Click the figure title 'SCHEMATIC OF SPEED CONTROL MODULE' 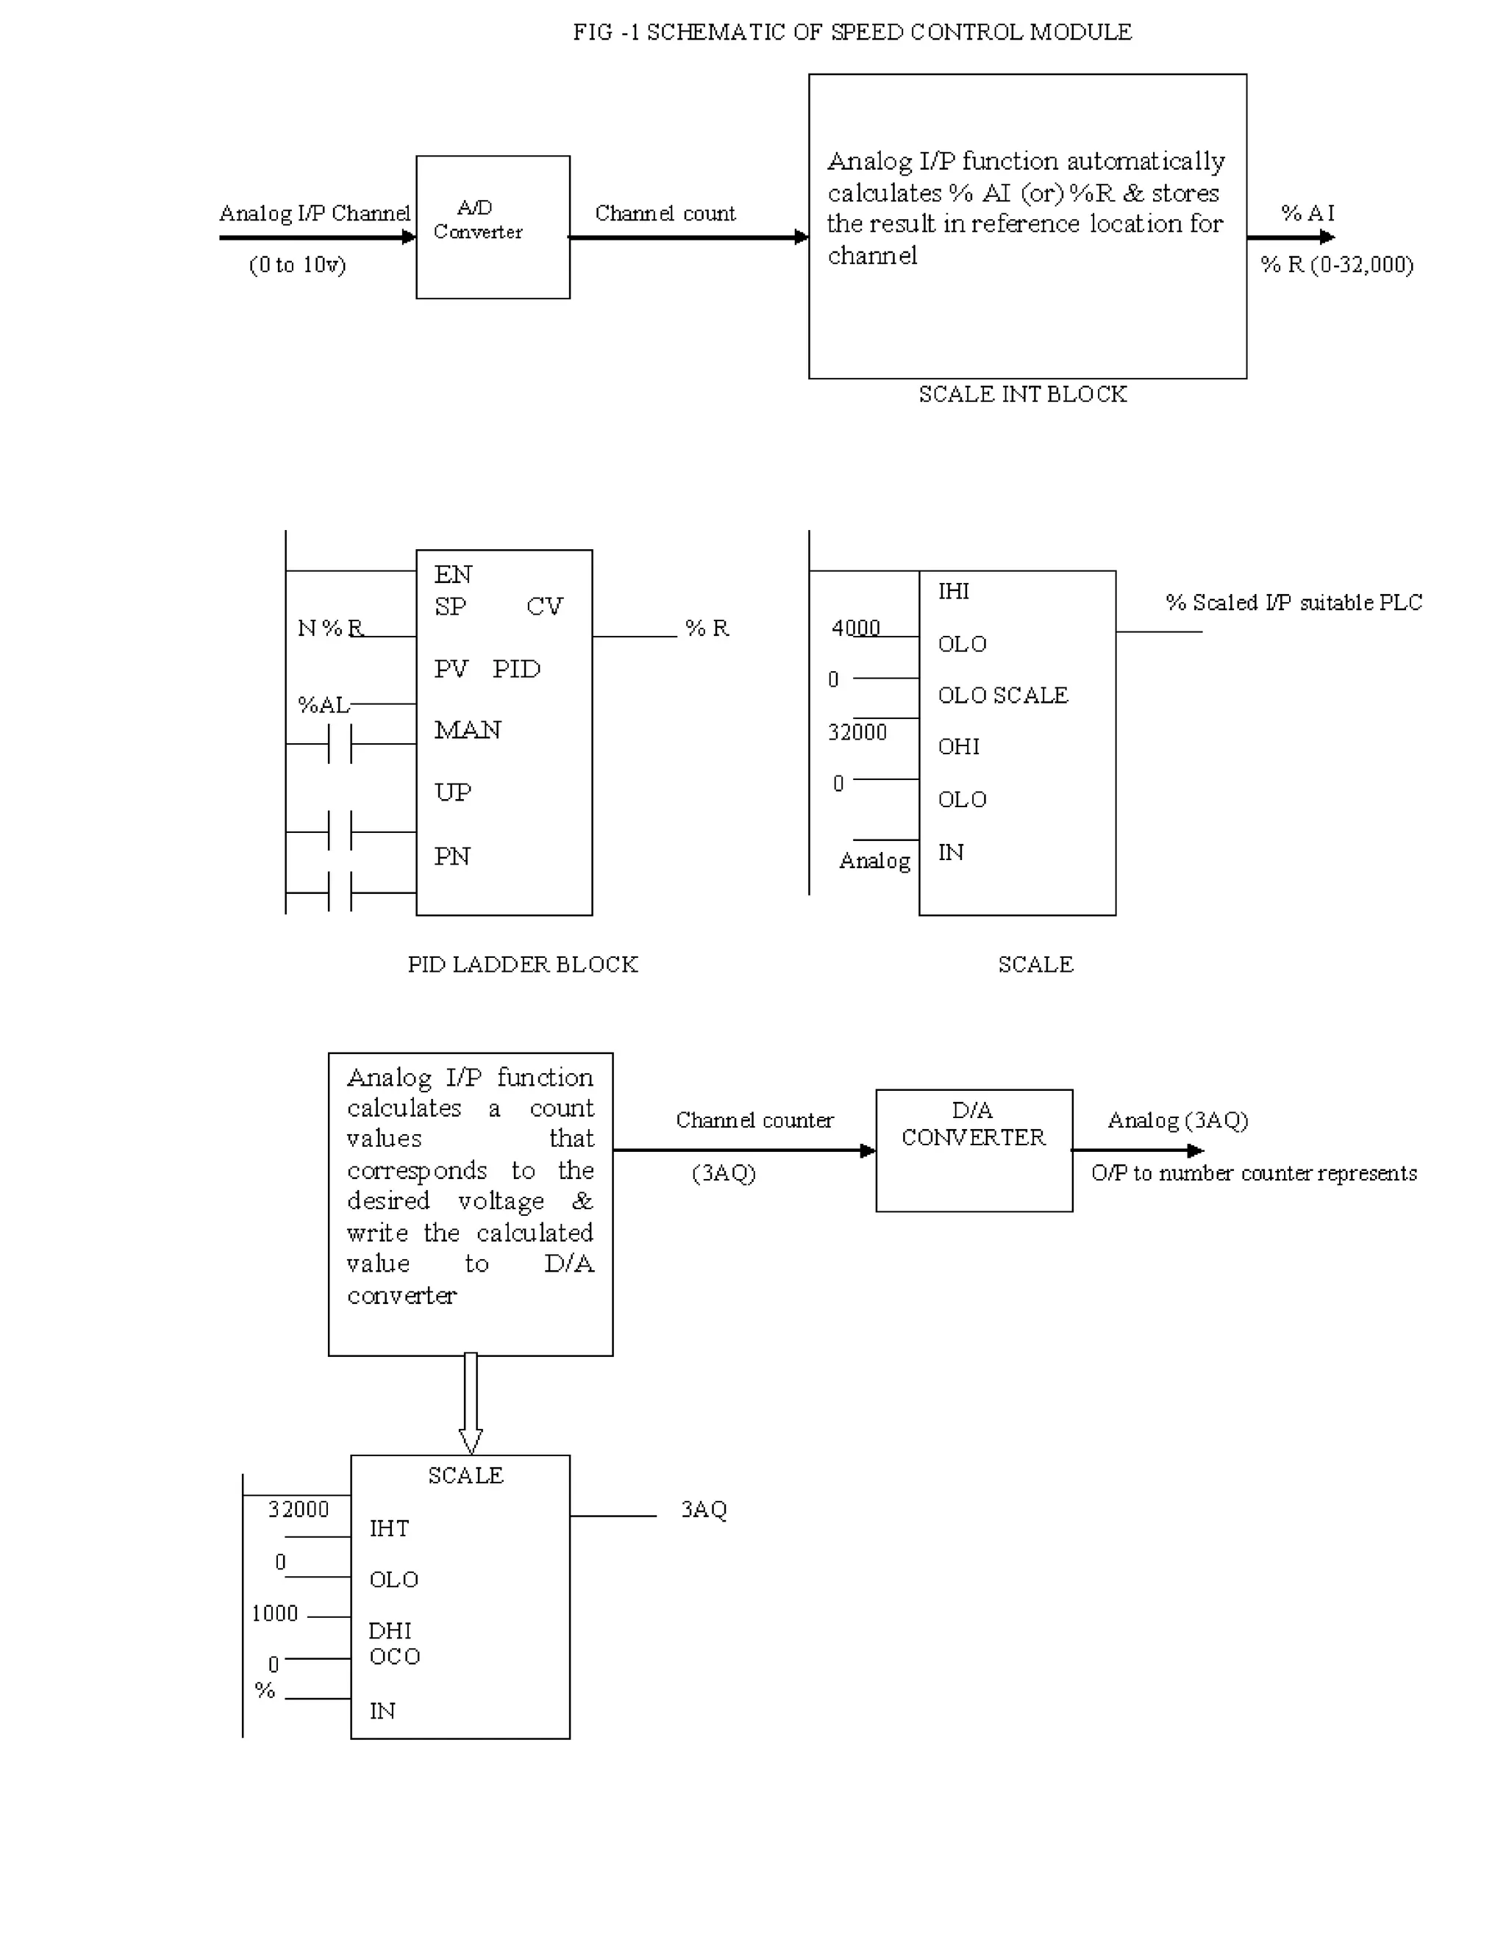(x=852, y=32)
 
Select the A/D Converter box (x=493, y=226)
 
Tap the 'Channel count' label (x=665, y=213)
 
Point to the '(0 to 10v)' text (x=297, y=265)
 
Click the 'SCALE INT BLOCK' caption (x=1022, y=394)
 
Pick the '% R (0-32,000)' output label (x=1336, y=265)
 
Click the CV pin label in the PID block (x=544, y=606)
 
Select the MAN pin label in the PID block (x=468, y=731)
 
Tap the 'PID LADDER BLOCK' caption (x=523, y=964)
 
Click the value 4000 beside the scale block (x=854, y=628)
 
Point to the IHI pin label (x=953, y=591)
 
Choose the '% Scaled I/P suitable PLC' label (x=1293, y=603)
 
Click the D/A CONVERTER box (x=974, y=1150)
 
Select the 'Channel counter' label (x=754, y=1120)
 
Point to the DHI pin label (x=390, y=1630)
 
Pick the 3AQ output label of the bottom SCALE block (x=704, y=1509)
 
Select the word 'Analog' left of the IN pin (x=874, y=861)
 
